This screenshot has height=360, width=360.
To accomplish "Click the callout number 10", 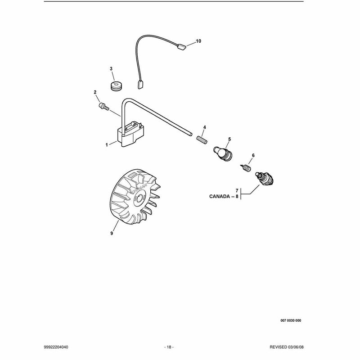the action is pyautogui.click(x=198, y=41).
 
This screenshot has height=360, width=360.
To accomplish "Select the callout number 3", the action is pyautogui.click(x=111, y=69).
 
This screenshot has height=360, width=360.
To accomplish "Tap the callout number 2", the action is pyautogui.click(x=95, y=92).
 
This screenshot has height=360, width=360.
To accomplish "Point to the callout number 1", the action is pyautogui.click(x=107, y=145).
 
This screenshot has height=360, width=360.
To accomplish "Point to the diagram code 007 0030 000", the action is pyautogui.click(x=291, y=320).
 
